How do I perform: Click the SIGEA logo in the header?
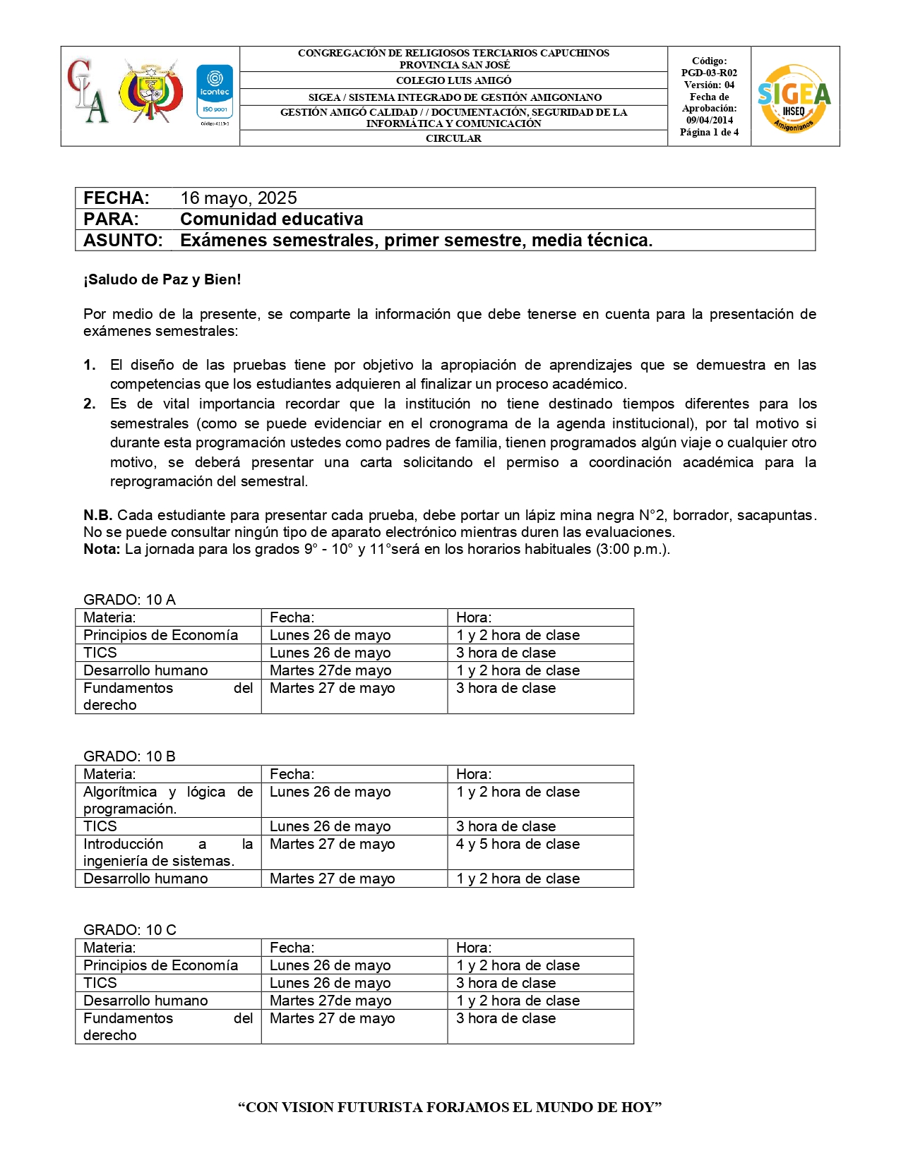pyautogui.click(x=794, y=97)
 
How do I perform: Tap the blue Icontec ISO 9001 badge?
pyautogui.click(x=215, y=92)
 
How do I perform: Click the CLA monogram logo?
pyautogui.click(x=88, y=92)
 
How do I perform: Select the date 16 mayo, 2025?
pyautogui.click(x=238, y=198)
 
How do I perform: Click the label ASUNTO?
pyautogui.click(x=123, y=241)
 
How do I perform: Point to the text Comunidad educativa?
pyautogui.click(x=271, y=219)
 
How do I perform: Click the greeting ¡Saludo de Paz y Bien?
pyautogui.click(x=162, y=279)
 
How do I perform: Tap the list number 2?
pyautogui.click(x=89, y=404)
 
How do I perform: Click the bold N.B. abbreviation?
pyautogui.click(x=98, y=516)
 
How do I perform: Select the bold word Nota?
pyautogui.click(x=102, y=550)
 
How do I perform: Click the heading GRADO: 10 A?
pyautogui.click(x=129, y=600)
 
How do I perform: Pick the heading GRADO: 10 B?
pyautogui.click(x=129, y=756)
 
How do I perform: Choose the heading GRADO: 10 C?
pyautogui.click(x=129, y=930)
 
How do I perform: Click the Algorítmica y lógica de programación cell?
pyautogui.click(x=168, y=800)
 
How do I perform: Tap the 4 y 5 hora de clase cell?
pyautogui.click(x=518, y=845)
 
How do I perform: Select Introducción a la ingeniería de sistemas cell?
pyautogui.click(x=168, y=852)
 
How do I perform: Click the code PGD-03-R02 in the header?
pyautogui.click(x=709, y=73)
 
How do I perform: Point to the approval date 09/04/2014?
pyautogui.click(x=709, y=120)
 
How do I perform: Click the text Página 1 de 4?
pyautogui.click(x=709, y=132)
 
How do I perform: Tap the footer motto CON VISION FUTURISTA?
pyautogui.click(x=450, y=1107)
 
